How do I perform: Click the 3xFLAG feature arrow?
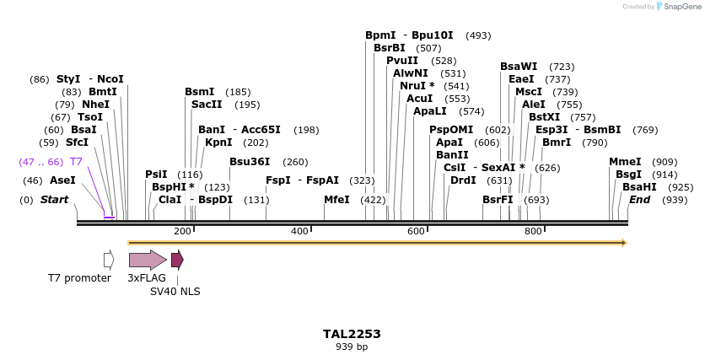point(147,260)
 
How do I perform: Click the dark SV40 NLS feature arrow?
point(177,260)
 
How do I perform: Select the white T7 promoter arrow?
point(108,260)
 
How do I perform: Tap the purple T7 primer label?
point(76,161)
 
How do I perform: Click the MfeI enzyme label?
point(336,200)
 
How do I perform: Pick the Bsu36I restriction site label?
point(250,162)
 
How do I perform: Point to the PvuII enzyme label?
point(402,61)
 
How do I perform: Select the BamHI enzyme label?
point(638,187)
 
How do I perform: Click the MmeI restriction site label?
point(625,162)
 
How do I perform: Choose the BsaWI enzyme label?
point(518,67)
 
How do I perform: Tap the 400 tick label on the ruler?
point(299,231)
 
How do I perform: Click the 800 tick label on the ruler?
point(533,231)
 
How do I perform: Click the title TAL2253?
point(352,334)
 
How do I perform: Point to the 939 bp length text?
point(352,347)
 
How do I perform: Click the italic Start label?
point(54,200)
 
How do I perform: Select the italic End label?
point(639,200)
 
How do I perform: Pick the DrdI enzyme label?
point(463,180)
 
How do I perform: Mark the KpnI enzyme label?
point(218,142)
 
